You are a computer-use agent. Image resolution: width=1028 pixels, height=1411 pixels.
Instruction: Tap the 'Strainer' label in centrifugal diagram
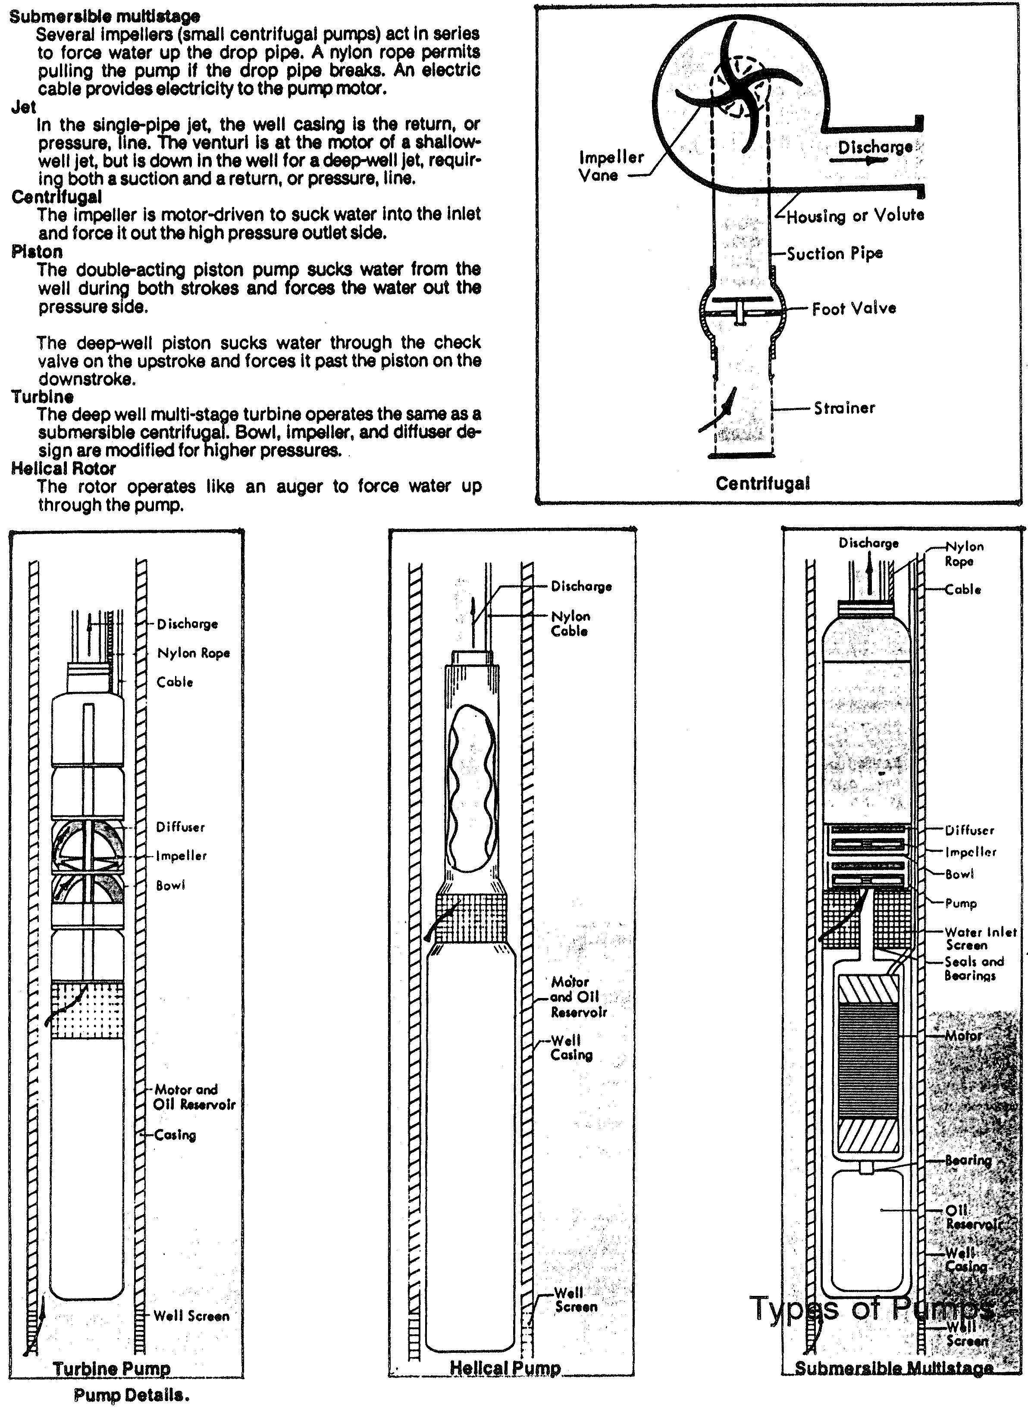(844, 408)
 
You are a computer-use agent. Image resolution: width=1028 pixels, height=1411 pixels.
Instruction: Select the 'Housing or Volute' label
(855, 216)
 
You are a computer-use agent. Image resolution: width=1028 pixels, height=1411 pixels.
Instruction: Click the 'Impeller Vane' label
(602, 166)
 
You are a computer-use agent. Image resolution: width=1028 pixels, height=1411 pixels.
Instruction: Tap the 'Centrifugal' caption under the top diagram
(762, 483)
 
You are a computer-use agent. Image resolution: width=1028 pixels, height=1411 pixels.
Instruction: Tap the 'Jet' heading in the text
(24, 107)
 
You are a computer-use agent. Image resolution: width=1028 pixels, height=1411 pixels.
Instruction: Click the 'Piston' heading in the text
(37, 251)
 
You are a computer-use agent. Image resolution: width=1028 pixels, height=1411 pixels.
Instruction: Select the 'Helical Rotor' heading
(63, 468)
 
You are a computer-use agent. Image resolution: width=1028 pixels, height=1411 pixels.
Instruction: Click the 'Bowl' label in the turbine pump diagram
(170, 885)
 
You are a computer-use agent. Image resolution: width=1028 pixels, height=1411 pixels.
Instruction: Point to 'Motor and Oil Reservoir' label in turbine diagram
(194, 1096)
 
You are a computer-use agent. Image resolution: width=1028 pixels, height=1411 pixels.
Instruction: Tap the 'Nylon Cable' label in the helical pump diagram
(570, 623)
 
